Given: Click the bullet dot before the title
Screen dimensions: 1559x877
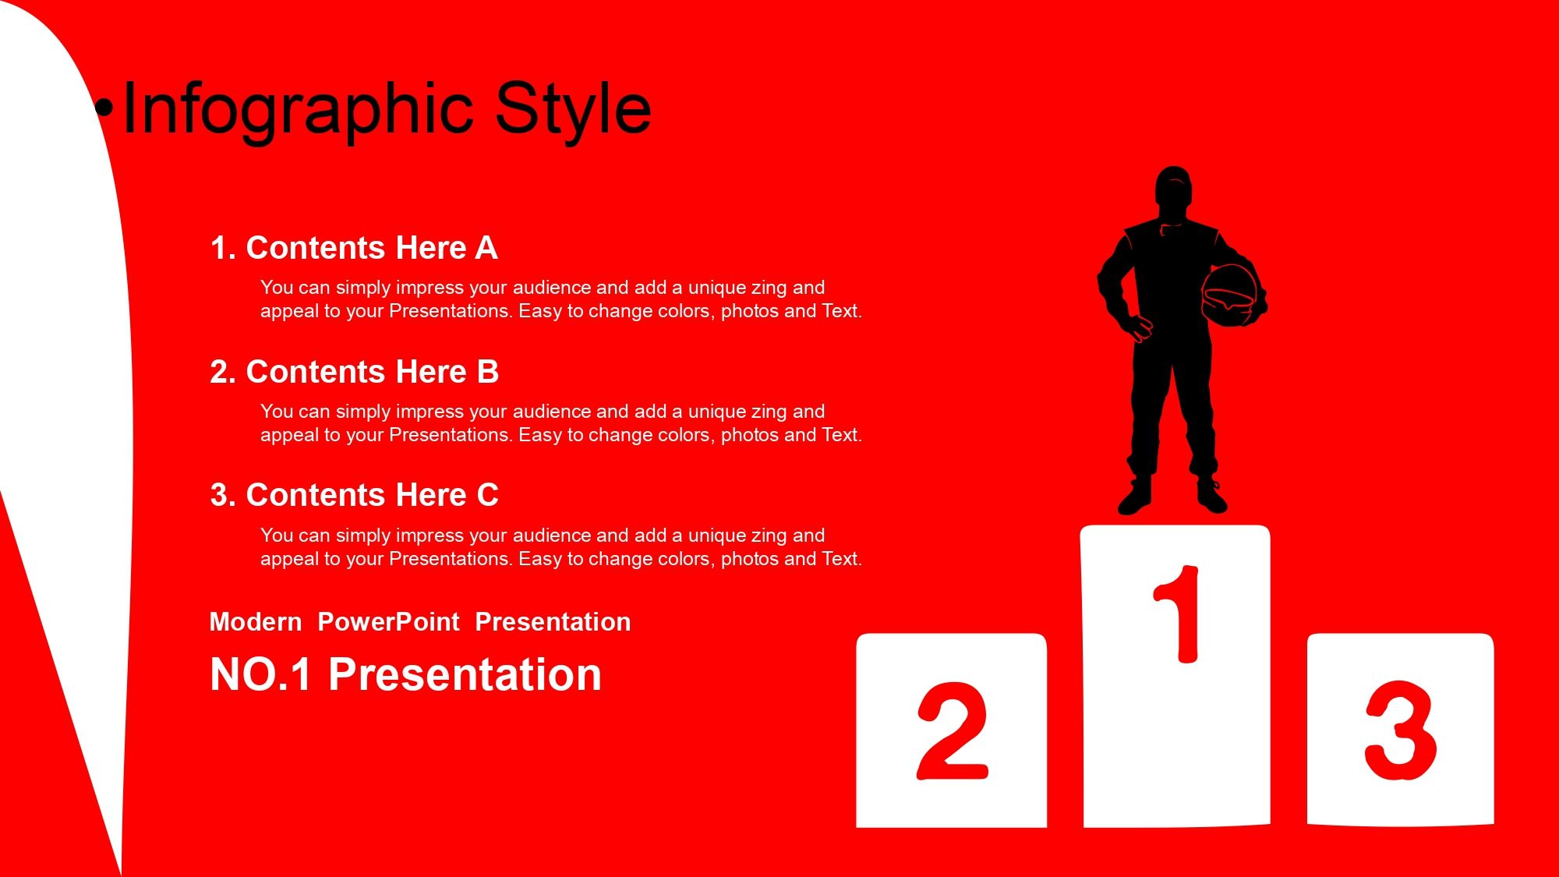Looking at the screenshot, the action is click(104, 109).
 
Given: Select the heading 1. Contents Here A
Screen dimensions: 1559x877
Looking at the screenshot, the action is click(354, 248).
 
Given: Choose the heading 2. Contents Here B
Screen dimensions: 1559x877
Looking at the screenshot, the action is click(354, 372).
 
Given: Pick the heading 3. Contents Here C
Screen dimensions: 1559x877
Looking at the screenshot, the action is click(354, 495).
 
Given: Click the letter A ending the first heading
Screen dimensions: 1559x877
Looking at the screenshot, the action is click(486, 248).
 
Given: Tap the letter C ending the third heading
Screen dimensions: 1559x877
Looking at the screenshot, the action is click(487, 495).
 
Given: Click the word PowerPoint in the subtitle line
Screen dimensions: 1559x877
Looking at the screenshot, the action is click(388, 622).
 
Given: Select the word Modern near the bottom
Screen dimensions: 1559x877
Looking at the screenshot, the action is click(256, 622).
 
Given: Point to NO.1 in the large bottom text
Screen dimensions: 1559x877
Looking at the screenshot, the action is click(261, 674).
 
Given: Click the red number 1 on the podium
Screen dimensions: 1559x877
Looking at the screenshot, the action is click(1178, 614).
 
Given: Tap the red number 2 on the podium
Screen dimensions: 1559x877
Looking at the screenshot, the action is click(953, 731).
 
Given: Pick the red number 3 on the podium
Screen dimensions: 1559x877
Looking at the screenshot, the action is click(1401, 730).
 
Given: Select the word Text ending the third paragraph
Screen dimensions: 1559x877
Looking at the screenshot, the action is click(840, 559).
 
